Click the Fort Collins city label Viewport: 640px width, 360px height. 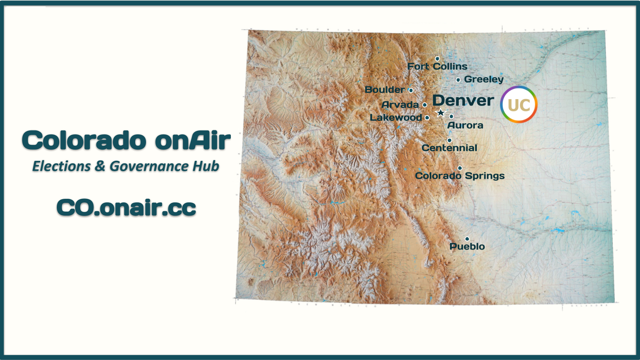coord(437,66)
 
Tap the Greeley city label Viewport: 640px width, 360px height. coord(484,79)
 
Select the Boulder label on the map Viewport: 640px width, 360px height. coord(384,90)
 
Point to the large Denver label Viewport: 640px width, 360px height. coord(463,100)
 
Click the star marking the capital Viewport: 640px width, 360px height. coord(440,113)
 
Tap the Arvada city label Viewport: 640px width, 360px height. coord(400,105)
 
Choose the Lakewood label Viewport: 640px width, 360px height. coord(396,118)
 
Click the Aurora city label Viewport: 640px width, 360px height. coord(465,125)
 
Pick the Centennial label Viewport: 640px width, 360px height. coord(449,148)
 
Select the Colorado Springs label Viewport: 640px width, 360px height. coord(460,176)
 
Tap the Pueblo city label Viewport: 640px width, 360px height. coord(467,246)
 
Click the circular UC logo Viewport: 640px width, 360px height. coord(519,104)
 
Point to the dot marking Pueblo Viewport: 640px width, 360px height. coord(467,239)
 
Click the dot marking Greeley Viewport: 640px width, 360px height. coord(458,80)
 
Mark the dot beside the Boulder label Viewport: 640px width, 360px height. coord(411,90)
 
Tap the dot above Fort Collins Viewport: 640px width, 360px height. coord(438,59)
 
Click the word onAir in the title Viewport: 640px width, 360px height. coord(193,140)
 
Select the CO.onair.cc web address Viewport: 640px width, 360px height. coord(126,208)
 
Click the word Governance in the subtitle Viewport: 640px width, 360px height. coord(150,166)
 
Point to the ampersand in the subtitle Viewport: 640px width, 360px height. coord(100,166)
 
